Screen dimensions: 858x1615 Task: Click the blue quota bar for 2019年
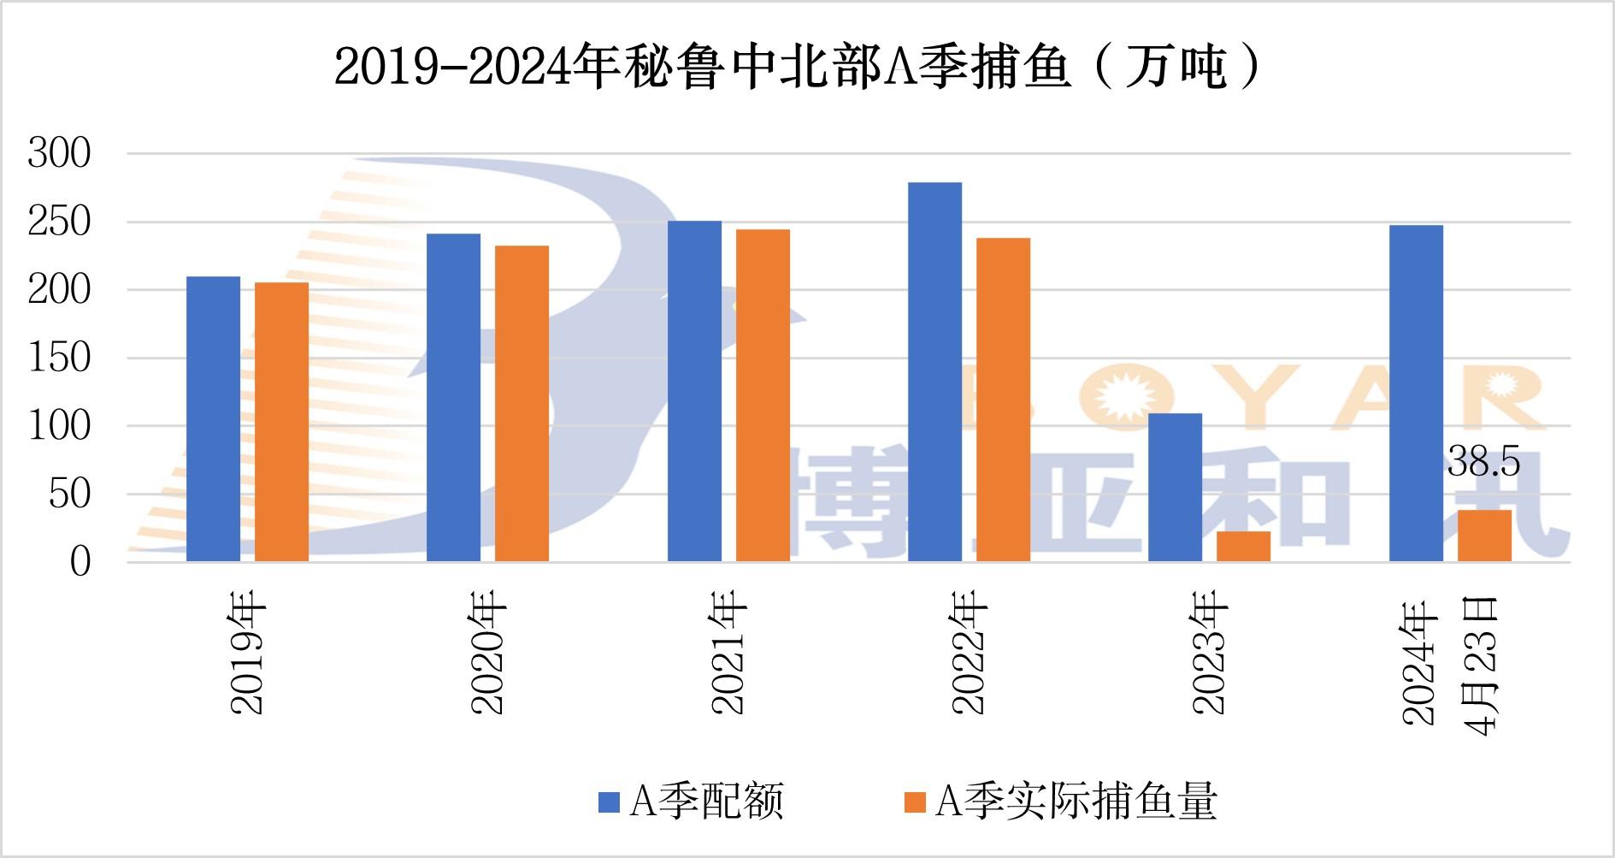click(x=213, y=418)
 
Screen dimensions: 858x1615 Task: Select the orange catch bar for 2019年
click(x=281, y=422)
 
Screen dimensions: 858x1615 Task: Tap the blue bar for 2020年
click(x=453, y=397)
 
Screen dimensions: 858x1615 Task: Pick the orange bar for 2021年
click(x=763, y=395)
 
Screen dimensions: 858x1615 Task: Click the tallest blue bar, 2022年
click(x=934, y=371)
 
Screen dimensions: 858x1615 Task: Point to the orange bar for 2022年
click(x=1003, y=399)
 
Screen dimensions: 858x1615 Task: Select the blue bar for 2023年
click(x=1175, y=488)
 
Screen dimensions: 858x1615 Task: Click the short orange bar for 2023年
click(x=1243, y=547)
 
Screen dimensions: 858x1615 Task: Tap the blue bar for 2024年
click(x=1416, y=393)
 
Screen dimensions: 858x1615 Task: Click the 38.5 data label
click(x=1484, y=464)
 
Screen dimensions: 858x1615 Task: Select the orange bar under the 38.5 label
click(x=1484, y=536)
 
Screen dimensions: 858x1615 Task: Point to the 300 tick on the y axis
click(x=59, y=154)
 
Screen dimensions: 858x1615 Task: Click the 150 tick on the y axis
click(x=59, y=358)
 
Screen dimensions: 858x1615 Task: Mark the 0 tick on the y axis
click(x=80, y=562)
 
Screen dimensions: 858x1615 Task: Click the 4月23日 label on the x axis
click(x=1483, y=666)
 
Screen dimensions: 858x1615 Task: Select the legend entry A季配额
click(x=692, y=802)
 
